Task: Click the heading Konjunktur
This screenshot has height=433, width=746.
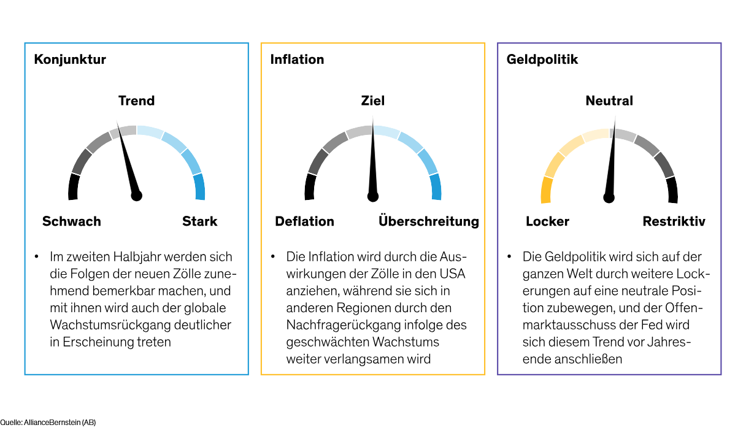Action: click(x=70, y=59)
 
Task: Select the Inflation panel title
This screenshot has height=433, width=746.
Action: click(x=297, y=59)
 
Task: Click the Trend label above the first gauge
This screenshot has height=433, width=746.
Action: click(x=136, y=101)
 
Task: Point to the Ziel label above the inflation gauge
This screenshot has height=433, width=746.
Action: click(x=372, y=101)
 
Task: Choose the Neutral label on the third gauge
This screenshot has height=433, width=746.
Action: click(x=609, y=101)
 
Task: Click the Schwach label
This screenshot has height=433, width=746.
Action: click(x=71, y=221)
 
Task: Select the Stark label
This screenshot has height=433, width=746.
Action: click(x=199, y=221)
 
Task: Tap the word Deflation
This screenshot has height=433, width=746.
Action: click(x=304, y=221)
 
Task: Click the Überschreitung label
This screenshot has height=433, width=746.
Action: click(x=428, y=221)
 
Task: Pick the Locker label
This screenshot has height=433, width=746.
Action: click(x=547, y=221)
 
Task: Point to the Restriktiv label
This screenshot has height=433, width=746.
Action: click(x=674, y=221)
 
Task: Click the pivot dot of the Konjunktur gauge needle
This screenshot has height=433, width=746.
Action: click(x=136, y=196)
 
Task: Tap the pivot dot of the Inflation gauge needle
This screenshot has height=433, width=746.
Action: click(x=372, y=196)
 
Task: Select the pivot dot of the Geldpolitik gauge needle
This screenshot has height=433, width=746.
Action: click(x=609, y=197)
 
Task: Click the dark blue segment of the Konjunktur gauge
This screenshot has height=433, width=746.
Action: click(x=199, y=187)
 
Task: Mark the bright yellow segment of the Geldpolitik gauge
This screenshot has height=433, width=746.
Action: click(x=546, y=190)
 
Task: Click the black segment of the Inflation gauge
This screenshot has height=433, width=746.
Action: click(x=310, y=187)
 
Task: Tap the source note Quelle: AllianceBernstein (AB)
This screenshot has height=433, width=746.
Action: click(x=48, y=423)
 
